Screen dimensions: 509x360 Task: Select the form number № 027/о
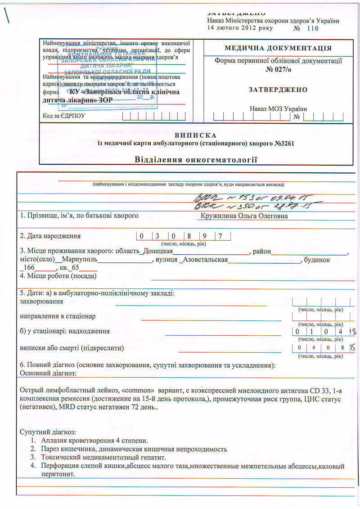[x=278, y=70]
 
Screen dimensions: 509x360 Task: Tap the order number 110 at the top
[x=312, y=28]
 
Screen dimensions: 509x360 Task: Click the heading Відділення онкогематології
[x=196, y=159]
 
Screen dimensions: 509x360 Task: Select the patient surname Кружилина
[x=219, y=216]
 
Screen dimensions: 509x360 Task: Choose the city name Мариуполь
[x=76, y=260]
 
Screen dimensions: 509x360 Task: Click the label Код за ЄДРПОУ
[x=64, y=116]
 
